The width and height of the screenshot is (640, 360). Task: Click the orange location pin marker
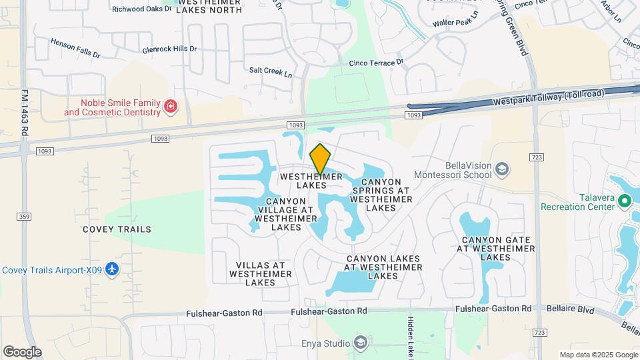tap(321, 159)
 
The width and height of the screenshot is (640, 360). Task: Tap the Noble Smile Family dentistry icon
tap(171, 107)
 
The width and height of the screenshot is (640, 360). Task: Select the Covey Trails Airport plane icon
tap(112, 269)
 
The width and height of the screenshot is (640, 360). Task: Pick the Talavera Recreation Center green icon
tap(625, 200)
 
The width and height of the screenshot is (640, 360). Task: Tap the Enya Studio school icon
tap(361, 343)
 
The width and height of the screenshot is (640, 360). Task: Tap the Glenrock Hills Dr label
tap(169, 49)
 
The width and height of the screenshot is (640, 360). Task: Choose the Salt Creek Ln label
tap(271, 70)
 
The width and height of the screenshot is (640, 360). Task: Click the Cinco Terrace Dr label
tap(377, 63)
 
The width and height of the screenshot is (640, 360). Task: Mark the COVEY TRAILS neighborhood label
tap(117, 229)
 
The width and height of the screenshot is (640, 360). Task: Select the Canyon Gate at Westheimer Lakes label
tap(495, 248)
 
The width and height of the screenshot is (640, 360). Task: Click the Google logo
tap(22, 352)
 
